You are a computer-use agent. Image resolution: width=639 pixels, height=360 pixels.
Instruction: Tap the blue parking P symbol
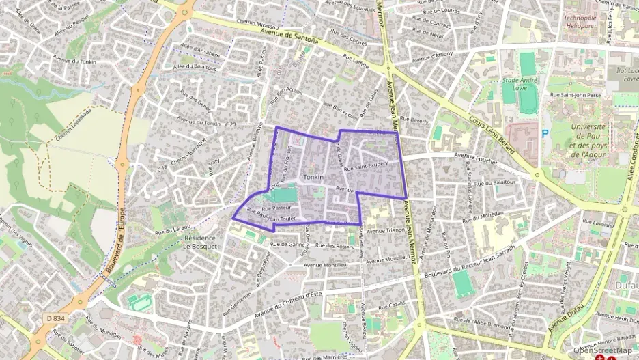[x=545, y=134]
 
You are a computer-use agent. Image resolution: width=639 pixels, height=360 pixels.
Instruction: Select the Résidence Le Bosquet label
[x=200, y=243]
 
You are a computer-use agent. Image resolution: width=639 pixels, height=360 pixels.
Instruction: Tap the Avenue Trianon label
[x=386, y=231]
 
